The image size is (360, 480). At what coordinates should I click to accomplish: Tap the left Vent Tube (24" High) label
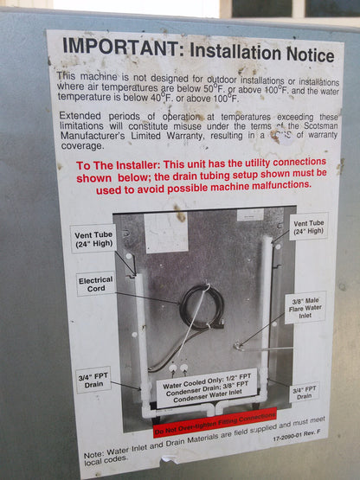pos(93,237)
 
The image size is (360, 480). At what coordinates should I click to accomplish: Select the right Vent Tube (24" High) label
pos(309,227)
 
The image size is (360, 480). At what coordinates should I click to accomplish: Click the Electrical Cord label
pos(95,285)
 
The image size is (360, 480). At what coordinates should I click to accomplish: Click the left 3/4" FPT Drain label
pos(93,380)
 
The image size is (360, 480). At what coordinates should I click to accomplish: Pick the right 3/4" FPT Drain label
pos(304,393)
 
